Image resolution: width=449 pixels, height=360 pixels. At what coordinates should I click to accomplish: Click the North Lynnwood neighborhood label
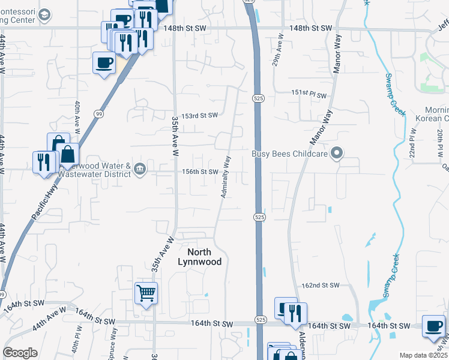click(x=200, y=257)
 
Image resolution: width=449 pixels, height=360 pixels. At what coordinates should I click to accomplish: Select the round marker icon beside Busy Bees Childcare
click(x=337, y=154)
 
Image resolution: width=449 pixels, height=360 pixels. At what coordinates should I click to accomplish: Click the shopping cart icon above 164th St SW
click(x=146, y=293)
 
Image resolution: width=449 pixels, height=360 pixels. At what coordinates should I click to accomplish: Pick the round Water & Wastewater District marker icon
click(x=139, y=168)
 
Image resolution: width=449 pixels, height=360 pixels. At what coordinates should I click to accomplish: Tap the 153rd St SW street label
click(x=199, y=115)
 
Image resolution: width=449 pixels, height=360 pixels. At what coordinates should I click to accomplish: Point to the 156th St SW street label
click(x=200, y=172)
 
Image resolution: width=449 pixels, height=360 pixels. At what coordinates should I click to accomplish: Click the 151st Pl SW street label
click(x=309, y=95)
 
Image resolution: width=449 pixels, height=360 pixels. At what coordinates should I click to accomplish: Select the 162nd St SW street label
click(x=322, y=286)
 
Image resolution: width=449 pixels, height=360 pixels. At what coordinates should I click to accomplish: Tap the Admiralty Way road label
click(x=226, y=177)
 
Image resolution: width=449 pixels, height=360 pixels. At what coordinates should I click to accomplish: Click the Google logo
click(x=20, y=353)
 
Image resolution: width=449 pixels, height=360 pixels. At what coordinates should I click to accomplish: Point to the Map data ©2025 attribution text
click(x=423, y=355)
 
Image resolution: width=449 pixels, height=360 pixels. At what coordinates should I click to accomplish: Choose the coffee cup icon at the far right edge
click(x=433, y=326)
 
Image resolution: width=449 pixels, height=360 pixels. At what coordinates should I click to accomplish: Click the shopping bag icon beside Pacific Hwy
click(x=68, y=154)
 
